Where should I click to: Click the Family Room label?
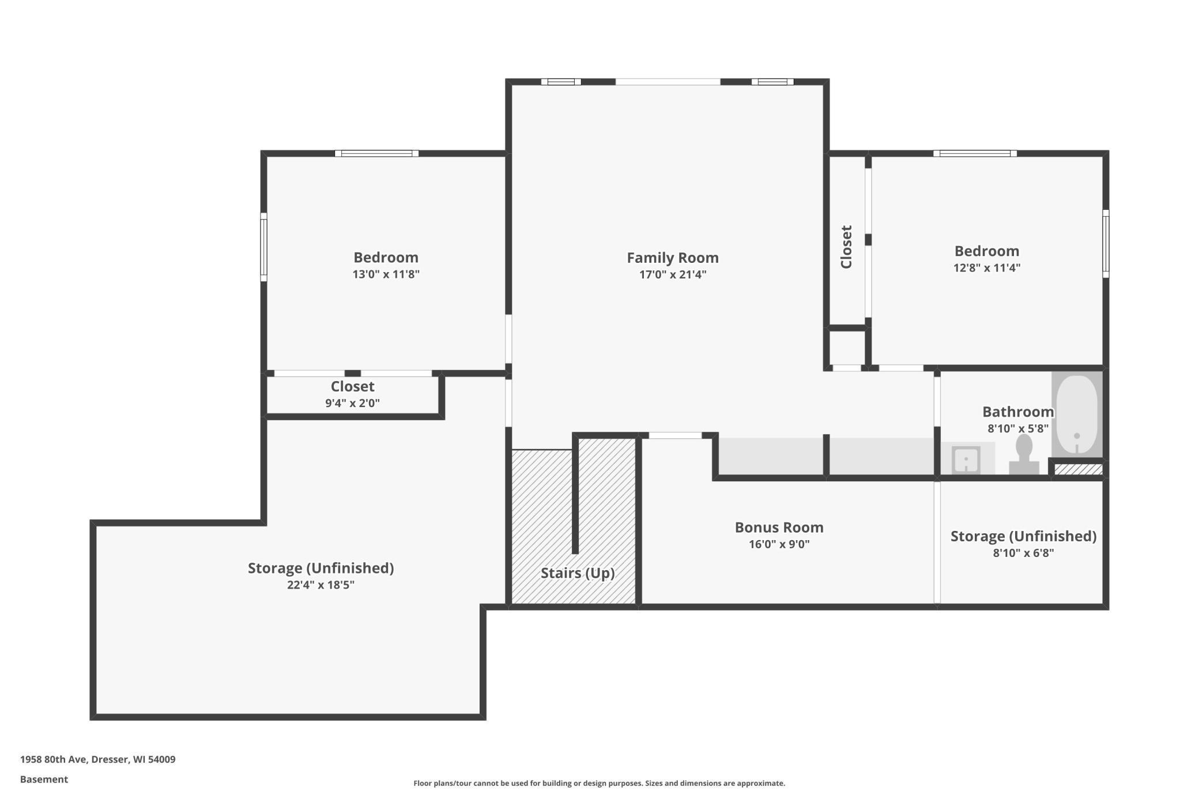point(673,258)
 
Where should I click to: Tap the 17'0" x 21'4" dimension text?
point(673,274)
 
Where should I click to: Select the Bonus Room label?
point(779,527)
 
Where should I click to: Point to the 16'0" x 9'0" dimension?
point(779,544)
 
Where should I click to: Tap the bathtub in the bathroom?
point(1077,414)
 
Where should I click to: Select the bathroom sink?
point(966,459)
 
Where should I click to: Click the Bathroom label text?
point(1018,412)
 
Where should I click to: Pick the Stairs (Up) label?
point(578,573)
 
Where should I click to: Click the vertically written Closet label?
point(846,247)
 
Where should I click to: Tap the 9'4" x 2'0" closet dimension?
point(352,403)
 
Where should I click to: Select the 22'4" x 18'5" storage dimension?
point(321,585)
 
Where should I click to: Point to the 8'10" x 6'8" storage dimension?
point(1023,553)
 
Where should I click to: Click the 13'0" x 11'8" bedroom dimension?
point(386,274)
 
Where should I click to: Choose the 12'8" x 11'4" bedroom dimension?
point(986,267)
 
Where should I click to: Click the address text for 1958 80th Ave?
point(97,759)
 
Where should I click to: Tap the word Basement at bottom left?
point(44,779)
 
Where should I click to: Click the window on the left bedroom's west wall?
point(263,247)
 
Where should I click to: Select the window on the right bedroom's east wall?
point(1106,244)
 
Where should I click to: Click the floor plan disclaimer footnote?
point(599,783)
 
